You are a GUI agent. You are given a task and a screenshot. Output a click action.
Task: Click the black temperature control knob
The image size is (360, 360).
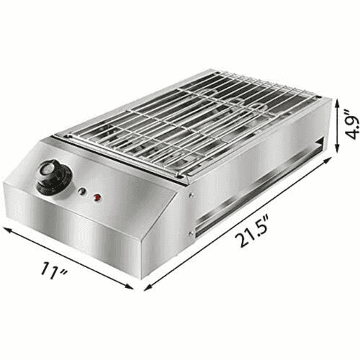point(55,177)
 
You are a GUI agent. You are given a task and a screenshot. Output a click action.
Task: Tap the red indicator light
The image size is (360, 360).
point(97,197)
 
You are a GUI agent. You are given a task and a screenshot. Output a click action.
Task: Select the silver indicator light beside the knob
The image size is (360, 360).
point(82,192)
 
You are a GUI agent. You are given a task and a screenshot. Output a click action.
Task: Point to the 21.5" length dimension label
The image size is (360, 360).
point(251,232)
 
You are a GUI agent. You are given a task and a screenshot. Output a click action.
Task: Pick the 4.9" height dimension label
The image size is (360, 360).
point(353,125)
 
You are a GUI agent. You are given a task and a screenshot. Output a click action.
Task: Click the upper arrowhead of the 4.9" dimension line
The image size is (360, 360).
point(337,103)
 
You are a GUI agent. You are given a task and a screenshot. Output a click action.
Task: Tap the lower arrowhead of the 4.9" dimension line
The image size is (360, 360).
point(337,148)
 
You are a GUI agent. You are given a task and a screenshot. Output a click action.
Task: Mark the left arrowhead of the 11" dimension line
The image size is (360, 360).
point(6,230)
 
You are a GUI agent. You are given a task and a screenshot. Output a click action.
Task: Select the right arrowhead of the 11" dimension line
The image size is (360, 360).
point(129,287)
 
